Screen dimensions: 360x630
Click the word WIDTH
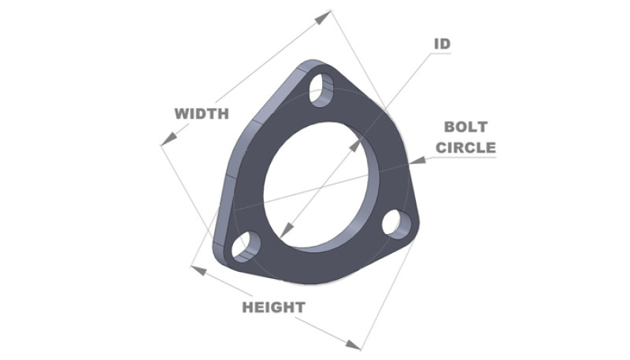pyautogui.click(x=202, y=113)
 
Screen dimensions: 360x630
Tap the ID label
pyautogui.click(x=442, y=43)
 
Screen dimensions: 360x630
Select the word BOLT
pyautogui.click(x=465, y=126)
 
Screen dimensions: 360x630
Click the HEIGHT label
pyautogui.click(x=273, y=307)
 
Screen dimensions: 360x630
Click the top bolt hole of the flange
pyautogui.click(x=321, y=91)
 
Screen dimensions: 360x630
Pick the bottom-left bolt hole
pyautogui.click(x=245, y=247)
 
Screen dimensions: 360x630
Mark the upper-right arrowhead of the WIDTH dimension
pyautogui.click(x=324, y=15)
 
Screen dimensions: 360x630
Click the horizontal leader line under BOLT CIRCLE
pyautogui.click(x=465, y=158)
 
